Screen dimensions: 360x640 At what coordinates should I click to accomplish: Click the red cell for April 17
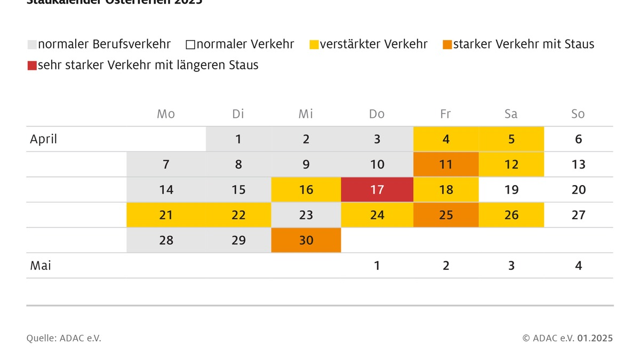377,190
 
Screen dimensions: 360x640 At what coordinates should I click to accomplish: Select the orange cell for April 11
446,165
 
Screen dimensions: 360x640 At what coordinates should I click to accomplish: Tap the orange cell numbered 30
306,241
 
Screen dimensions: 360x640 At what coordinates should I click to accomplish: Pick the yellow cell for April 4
446,139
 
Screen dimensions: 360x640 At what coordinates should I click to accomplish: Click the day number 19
511,190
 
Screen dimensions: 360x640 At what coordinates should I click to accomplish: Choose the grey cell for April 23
306,215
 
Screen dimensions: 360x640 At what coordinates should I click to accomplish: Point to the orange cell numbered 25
446,215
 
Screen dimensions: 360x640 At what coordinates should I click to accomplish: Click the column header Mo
166,114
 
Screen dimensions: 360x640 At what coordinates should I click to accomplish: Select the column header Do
377,114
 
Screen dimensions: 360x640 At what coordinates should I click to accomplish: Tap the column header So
578,114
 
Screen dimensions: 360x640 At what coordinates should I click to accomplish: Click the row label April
43,140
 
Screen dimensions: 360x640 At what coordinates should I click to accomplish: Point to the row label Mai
41,266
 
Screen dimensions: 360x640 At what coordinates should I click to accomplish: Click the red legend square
32,66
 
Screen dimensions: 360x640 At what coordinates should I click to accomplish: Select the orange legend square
447,45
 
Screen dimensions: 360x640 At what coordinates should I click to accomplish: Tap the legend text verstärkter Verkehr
373,44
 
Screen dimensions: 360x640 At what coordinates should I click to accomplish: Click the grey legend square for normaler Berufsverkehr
32,45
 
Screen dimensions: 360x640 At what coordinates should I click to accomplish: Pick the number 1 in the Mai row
377,266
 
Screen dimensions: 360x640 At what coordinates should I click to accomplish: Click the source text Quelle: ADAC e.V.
63,338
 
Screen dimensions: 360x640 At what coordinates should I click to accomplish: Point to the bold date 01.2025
595,338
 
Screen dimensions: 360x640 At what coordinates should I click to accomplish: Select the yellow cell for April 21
166,215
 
